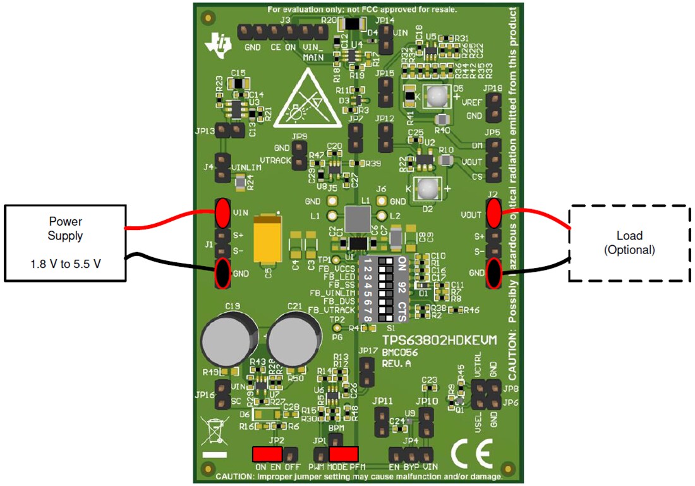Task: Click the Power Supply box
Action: pos(65,243)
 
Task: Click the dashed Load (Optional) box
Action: pos(628,243)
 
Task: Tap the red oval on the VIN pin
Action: pos(222,212)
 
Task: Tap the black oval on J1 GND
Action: pos(222,273)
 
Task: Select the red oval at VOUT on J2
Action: pos(493,213)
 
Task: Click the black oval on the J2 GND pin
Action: pos(493,273)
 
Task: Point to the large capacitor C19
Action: pos(228,339)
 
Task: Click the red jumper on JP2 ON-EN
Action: pos(267,454)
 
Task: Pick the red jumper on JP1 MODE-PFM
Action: pos(344,454)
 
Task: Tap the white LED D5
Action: pos(436,96)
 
